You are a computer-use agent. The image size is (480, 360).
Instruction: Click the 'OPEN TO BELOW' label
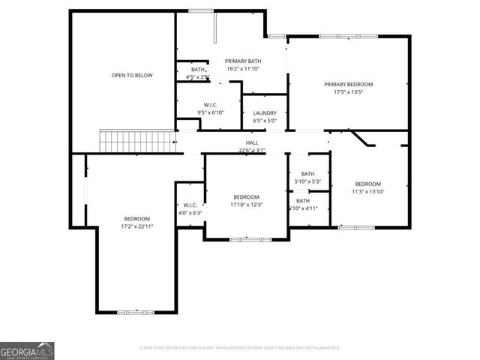tap(131, 75)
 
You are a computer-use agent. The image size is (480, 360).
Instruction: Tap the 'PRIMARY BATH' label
tap(243, 61)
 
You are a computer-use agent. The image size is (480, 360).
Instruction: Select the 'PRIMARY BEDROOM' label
tap(348, 85)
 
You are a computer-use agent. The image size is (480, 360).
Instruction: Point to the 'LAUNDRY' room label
tap(265, 113)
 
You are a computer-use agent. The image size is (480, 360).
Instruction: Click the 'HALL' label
tap(252, 142)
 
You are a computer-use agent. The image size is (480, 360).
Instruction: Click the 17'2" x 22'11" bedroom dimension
tap(136, 226)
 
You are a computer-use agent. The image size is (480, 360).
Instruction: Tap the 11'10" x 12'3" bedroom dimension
tap(245, 204)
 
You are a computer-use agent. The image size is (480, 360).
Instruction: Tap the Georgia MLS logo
tap(27, 350)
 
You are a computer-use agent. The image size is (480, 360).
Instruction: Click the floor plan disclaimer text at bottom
tap(240, 348)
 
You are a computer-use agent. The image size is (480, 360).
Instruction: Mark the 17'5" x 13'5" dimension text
tap(348, 93)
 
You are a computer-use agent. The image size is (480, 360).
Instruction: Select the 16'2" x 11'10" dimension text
tap(243, 69)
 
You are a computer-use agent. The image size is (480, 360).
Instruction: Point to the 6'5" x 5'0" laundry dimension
tap(265, 121)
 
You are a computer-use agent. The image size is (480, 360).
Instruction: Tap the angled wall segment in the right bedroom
tap(365, 139)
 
